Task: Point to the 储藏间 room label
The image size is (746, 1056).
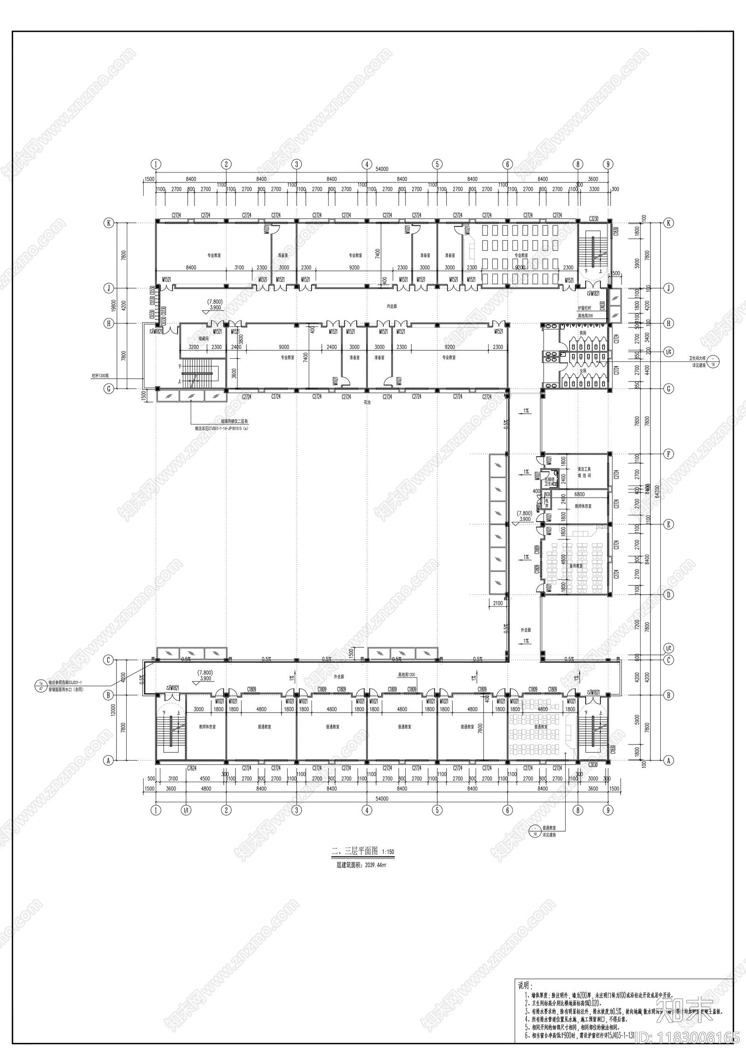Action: coord(204,339)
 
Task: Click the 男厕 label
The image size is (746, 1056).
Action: coord(583,333)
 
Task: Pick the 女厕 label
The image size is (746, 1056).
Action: coord(583,371)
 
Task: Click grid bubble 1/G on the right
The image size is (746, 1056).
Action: coord(669,352)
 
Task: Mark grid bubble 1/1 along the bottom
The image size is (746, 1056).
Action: coord(186,810)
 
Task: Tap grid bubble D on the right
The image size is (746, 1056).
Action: coord(669,595)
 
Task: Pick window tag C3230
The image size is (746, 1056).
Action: coord(594,218)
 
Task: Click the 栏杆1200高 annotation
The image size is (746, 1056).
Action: coord(100,375)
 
